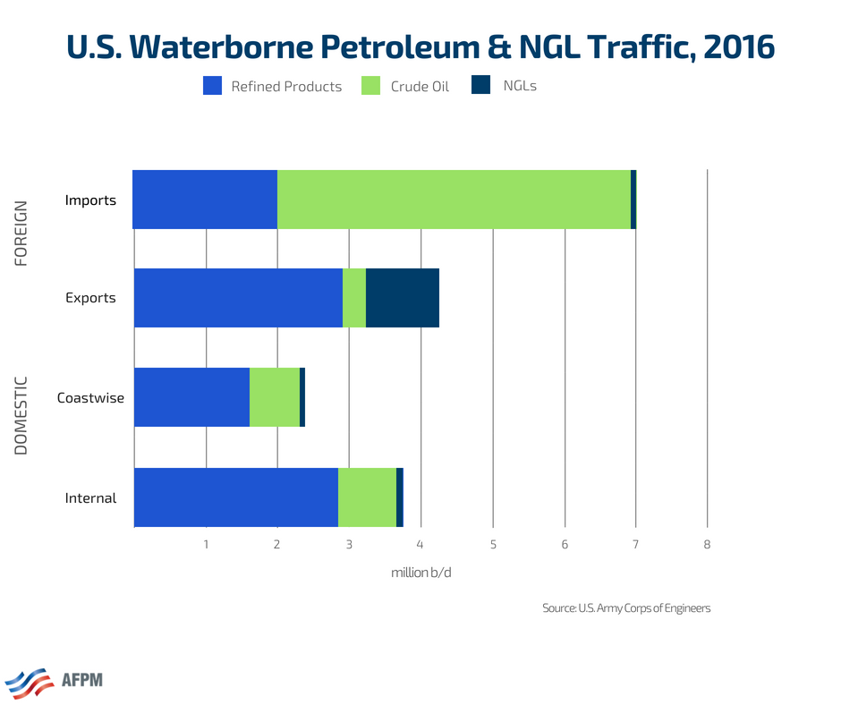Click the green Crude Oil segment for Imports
pos(454,200)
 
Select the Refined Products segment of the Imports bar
pos(205,200)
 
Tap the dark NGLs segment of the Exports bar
pos(403,298)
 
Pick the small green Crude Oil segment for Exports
pos(354,298)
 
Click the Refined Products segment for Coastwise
pos(191,396)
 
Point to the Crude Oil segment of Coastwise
pos(275,396)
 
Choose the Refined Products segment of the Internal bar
pos(236,497)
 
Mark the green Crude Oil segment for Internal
pos(367,497)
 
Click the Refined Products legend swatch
pos(212,86)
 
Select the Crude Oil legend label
pos(420,87)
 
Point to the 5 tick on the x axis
pos(493,544)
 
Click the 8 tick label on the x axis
pos(707,544)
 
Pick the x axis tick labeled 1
pos(206,544)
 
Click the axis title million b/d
pos(420,573)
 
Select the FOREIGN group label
pos(21,233)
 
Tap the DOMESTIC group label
pos(21,415)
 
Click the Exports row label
pos(90,298)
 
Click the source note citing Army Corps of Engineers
pos(626,608)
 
